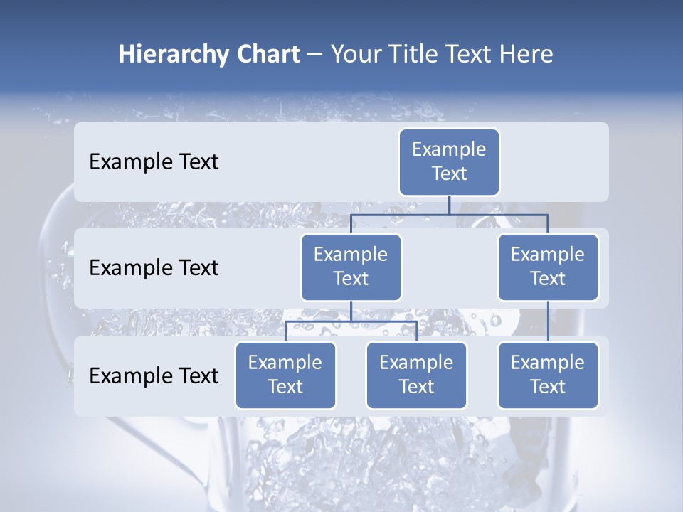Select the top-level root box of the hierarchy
coord(449,162)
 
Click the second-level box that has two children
coord(351,267)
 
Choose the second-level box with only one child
coord(548,267)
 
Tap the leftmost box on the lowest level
coord(285,375)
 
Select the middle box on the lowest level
coord(416,375)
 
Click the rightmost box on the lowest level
coord(548,375)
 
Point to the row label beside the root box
coord(154,162)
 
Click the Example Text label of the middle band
coord(154,268)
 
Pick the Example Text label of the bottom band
coord(154,375)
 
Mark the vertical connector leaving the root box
coord(449,205)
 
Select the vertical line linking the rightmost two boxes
coord(548,321)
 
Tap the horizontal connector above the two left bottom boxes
coord(320,321)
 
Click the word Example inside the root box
coord(449,149)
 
